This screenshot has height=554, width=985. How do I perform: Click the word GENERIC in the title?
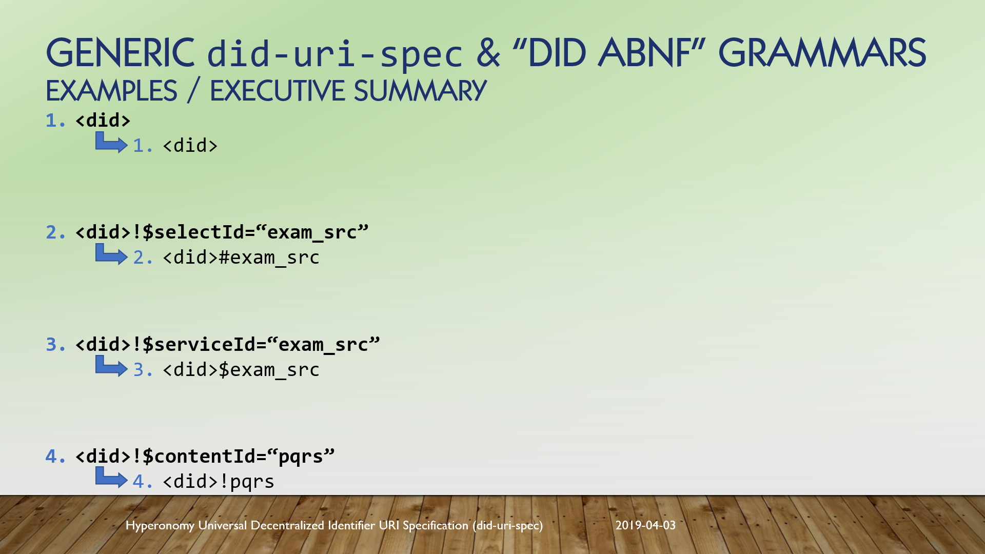point(121,53)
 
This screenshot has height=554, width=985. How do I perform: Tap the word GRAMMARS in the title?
point(822,53)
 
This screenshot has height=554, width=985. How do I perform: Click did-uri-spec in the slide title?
point(334,54)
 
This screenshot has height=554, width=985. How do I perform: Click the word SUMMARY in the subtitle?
point(420,91)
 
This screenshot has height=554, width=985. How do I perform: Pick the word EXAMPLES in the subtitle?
point(111,91)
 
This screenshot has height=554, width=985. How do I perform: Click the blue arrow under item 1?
point(111,143)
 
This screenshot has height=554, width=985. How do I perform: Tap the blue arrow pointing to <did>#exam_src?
point(111,254)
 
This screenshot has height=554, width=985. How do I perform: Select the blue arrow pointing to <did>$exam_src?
point(111,366)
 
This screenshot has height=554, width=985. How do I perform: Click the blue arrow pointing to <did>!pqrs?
point(111,478)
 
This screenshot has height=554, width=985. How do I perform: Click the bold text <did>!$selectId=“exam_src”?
point(222,232)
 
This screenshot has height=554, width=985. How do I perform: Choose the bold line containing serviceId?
point(227,344)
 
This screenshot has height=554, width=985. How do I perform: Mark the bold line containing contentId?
point(205,456)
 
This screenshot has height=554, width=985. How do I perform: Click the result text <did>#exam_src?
point(241,258)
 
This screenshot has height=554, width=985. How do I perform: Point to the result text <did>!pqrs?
point(219,482)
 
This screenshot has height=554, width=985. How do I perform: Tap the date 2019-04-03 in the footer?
point(645,525)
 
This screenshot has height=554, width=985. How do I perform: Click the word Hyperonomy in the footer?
point(160,526)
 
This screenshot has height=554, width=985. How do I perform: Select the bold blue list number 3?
point(55,344)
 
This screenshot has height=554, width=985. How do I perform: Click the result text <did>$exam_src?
point(241,370)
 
